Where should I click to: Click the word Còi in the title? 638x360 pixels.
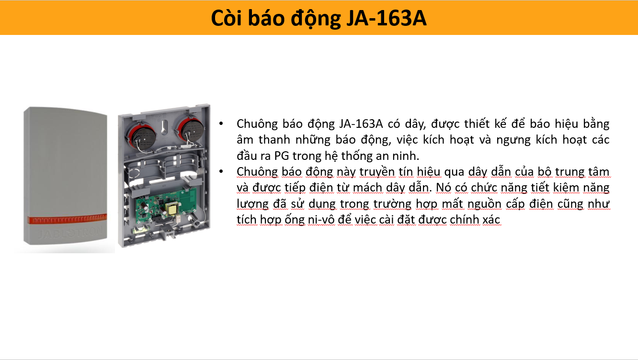227,18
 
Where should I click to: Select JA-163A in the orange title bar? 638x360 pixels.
386,18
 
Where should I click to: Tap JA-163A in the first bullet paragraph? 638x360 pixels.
361,124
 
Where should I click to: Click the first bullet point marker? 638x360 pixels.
221,124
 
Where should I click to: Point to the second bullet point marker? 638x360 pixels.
221,171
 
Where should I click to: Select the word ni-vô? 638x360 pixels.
321,219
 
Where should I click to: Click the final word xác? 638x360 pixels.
491,219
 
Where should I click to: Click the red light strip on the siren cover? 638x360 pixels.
67,219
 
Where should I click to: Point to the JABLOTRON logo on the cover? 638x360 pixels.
70,233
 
